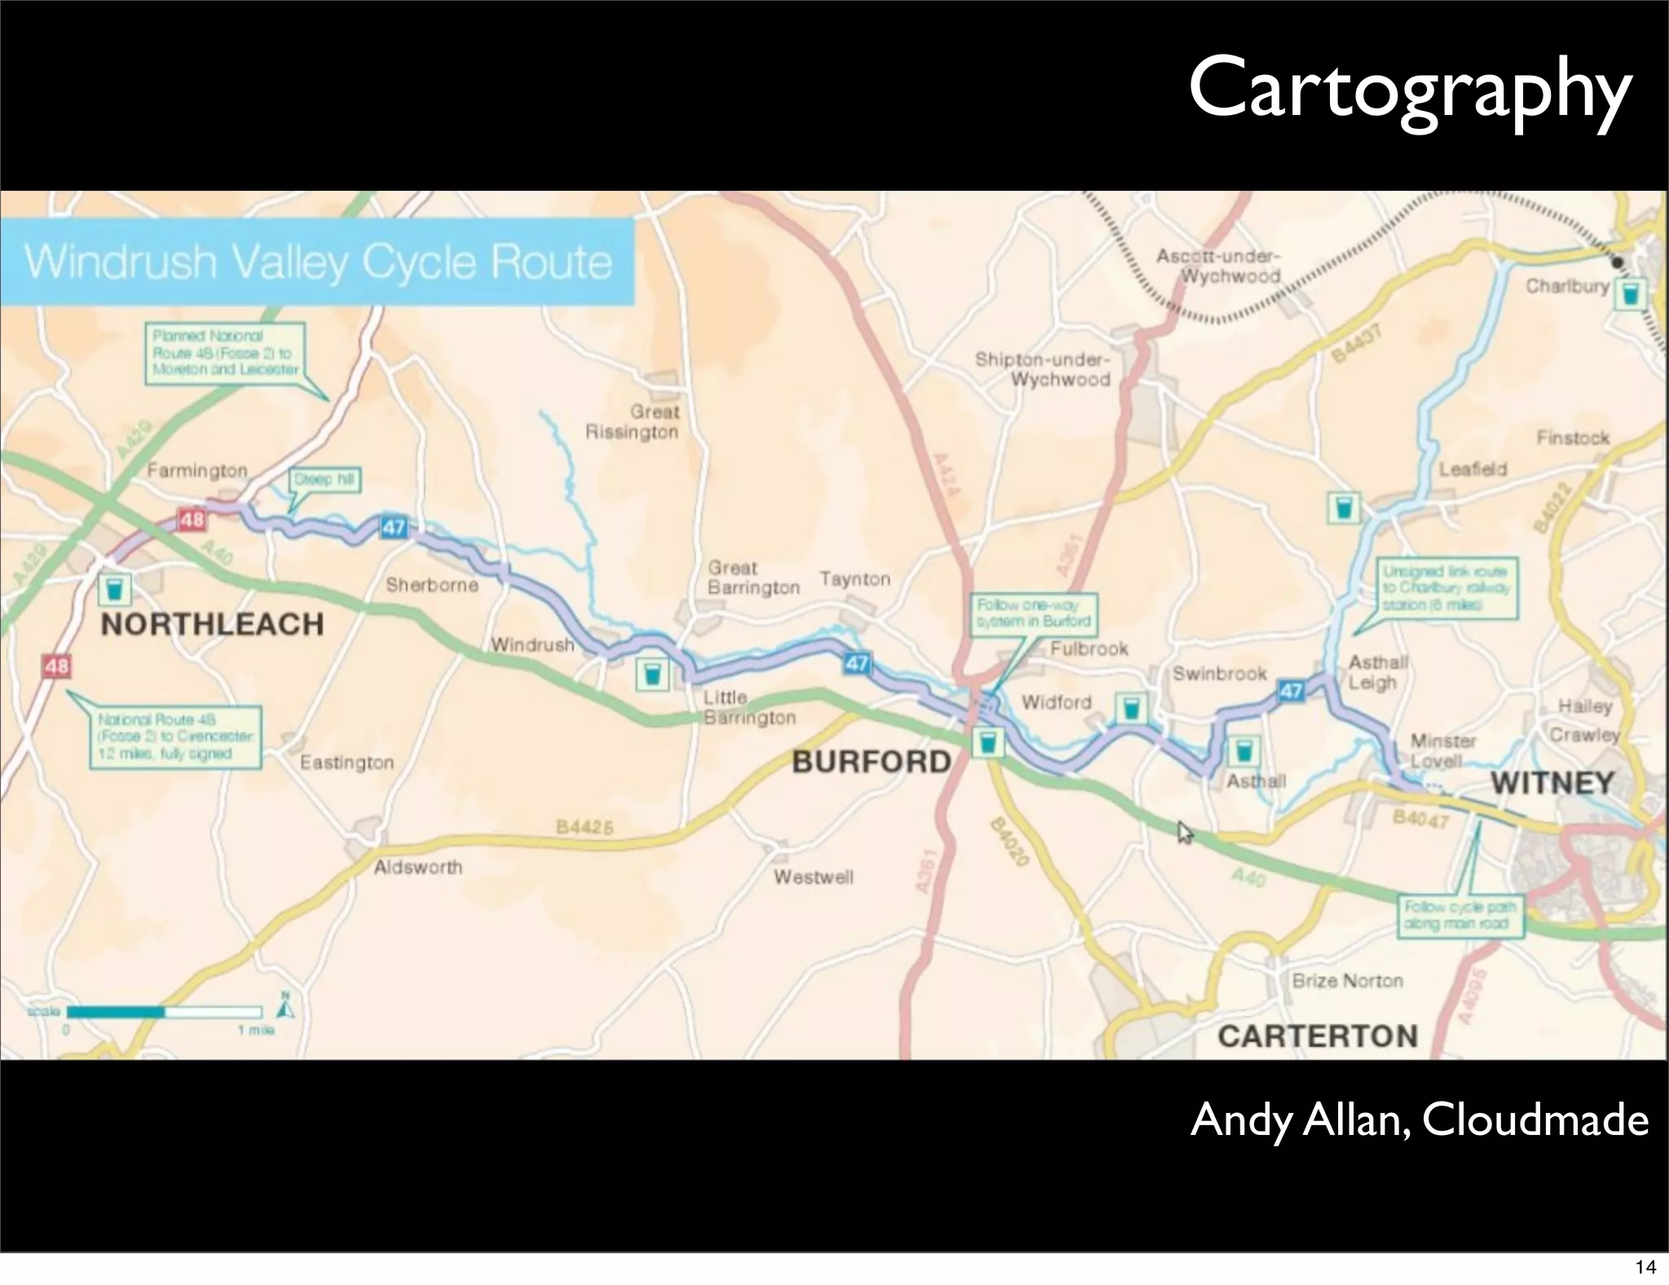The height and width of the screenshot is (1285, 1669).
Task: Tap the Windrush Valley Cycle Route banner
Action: coord(318,262)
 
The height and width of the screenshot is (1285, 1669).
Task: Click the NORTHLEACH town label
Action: coord(212,625)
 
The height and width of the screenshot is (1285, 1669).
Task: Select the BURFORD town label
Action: coord(871,762)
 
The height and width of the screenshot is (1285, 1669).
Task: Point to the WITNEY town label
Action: coord(1552,783)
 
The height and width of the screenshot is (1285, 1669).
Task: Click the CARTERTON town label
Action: coord(1318,1036)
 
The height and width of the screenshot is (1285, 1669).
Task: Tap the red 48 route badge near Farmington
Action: coord(192,519)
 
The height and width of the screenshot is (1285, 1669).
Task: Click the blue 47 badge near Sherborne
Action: coord(394,528)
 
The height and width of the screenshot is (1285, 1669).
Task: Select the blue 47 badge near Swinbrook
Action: coord(1292,691)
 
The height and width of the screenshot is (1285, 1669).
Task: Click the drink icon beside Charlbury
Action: coord(1631,294)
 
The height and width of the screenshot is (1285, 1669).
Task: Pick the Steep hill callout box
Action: coord(325,479)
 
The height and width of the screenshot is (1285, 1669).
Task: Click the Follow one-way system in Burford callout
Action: coord(1033,614)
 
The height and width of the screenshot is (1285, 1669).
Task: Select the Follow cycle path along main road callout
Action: coord(1460,916)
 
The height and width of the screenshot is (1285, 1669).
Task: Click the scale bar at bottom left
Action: coord(164,1012)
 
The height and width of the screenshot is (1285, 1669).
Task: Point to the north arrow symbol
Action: coord(285,1007)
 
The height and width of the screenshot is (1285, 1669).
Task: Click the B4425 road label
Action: coord(583,828)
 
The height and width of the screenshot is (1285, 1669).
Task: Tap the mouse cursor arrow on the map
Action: coord(1184,832)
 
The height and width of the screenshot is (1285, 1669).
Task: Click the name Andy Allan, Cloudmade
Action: coord(1419,1119)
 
